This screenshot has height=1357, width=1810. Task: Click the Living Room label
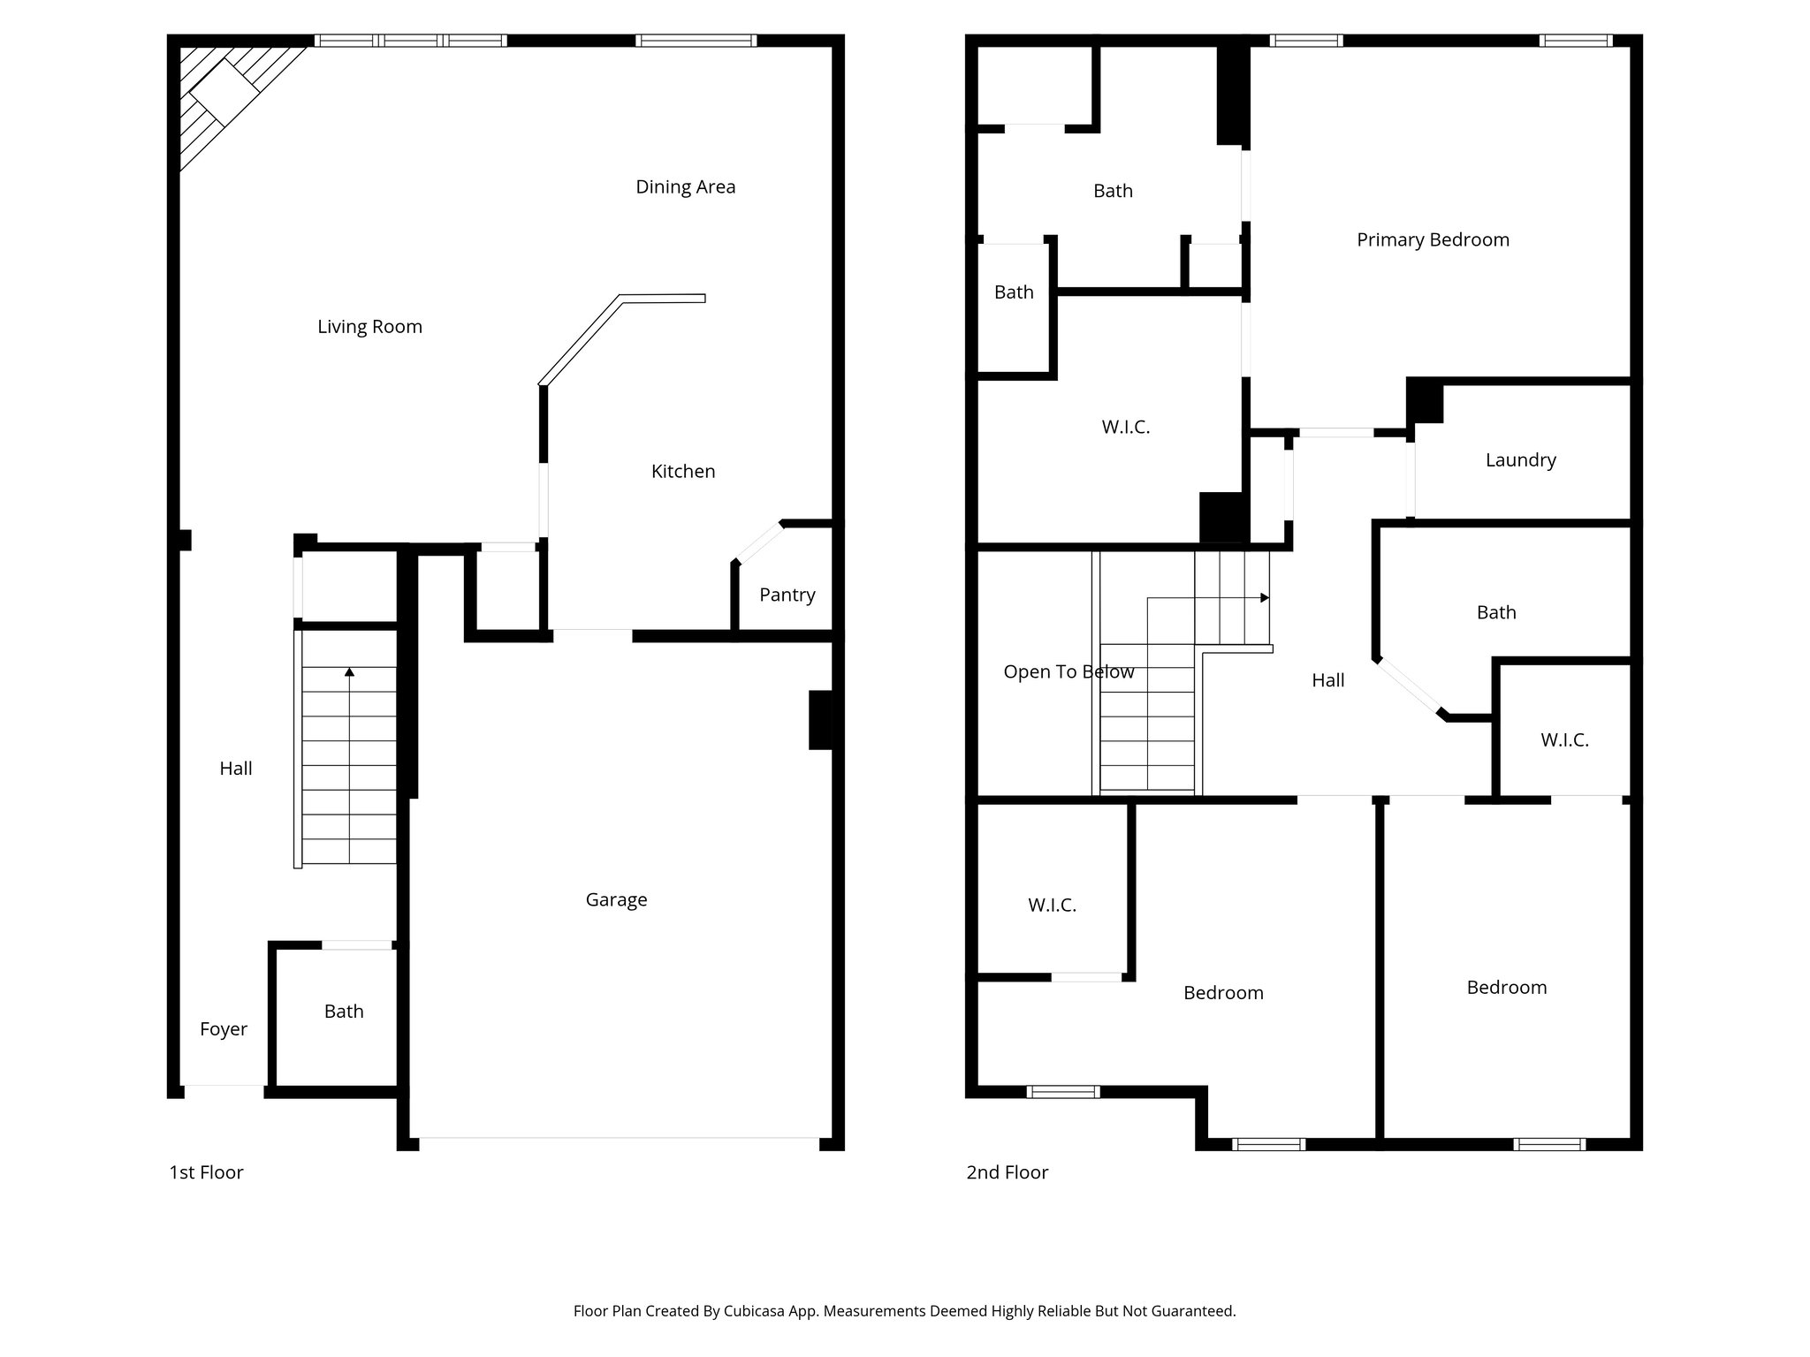tap(369, 327)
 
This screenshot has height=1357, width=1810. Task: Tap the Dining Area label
tap(685, 187)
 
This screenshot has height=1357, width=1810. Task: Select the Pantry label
tap(787, 595)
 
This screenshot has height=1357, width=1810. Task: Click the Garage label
tap(616, 899)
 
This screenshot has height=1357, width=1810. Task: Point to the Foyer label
tap(223, 1029)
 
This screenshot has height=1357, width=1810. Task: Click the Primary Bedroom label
tap(1433, 240)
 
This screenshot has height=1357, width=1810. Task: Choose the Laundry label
tap(1520, 460)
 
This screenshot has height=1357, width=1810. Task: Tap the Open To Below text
tap(1069, 672)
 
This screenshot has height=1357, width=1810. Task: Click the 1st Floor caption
tap(206, 1172)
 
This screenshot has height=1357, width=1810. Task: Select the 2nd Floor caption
tap(1007, 1172)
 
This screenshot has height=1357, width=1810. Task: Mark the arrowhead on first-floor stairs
tap(349, 672)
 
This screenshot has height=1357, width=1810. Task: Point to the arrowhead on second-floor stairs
tap(1265, 598)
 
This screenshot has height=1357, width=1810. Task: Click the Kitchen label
tap(682, 472)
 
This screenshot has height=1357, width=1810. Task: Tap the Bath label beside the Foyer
tap(343, 1012)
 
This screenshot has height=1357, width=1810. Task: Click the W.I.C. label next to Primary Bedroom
tap(1125, 428)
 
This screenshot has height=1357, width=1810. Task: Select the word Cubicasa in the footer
tap(755, 1311)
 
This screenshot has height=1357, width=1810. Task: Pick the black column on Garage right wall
tap(820, 720)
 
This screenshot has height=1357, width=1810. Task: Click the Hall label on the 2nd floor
tap(1327, 680)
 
